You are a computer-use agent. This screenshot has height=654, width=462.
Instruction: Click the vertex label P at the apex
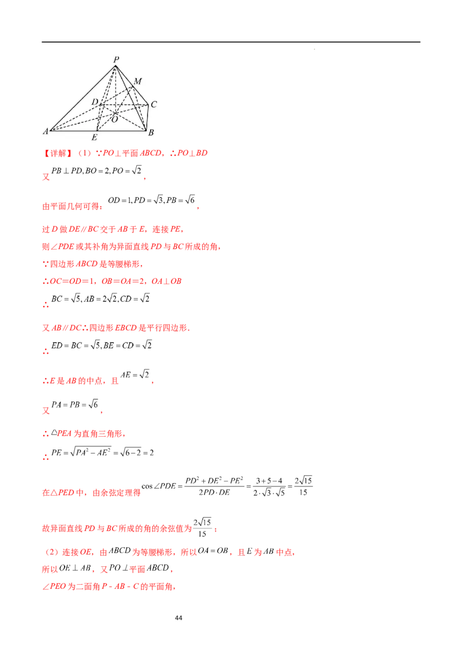116,59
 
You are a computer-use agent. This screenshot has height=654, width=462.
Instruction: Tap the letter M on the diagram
137,81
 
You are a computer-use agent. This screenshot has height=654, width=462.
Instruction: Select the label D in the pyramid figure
95,102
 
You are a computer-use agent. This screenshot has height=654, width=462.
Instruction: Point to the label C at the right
154,105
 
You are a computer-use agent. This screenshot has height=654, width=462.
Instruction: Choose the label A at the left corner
46,132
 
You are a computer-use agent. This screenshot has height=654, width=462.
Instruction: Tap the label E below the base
94,138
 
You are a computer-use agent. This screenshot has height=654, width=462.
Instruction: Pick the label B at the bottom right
151,133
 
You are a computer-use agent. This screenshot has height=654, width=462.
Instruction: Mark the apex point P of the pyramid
116,65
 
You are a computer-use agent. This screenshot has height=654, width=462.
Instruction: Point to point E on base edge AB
96,130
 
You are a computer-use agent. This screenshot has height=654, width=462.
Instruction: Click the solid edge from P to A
84,98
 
